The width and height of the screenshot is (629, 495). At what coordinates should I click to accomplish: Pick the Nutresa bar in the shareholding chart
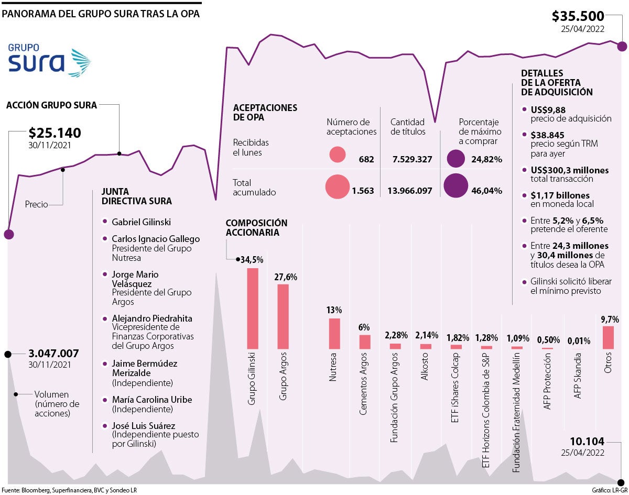click(334, 333)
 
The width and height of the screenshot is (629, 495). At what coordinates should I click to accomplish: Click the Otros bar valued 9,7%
click(608, 337)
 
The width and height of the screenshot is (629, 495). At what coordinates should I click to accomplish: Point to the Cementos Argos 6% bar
click(365, 342)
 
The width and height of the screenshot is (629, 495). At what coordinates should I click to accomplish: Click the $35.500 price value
click(578, 17)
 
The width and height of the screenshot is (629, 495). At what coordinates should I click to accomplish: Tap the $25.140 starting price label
click(55, 133)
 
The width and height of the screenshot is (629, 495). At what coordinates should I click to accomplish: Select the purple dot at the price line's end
click(622, 46)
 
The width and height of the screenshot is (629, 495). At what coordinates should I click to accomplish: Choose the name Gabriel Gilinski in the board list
click(141, 222)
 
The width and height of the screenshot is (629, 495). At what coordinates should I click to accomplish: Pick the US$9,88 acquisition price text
click(548, 109)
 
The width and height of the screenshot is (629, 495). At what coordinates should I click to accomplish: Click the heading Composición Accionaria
click(256, 228)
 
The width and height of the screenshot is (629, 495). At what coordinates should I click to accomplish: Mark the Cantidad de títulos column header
click(408, 127)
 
